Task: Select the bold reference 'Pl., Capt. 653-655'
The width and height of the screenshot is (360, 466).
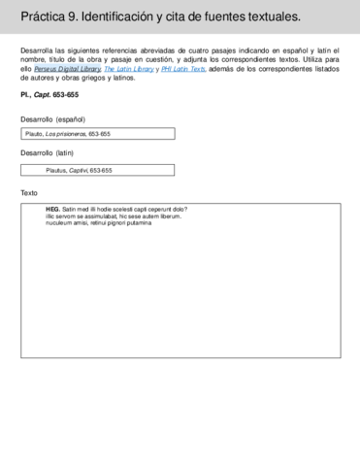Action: tap(49, 95)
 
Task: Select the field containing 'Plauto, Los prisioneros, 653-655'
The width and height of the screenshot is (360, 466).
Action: tap(98, 134)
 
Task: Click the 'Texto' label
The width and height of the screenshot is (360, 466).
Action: tap(29, 192)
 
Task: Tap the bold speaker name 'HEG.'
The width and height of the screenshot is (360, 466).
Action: tap(52, 210)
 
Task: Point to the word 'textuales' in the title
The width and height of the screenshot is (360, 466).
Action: tap(273, 17)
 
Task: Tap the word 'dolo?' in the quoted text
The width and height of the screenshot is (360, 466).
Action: tap(179, 210)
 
